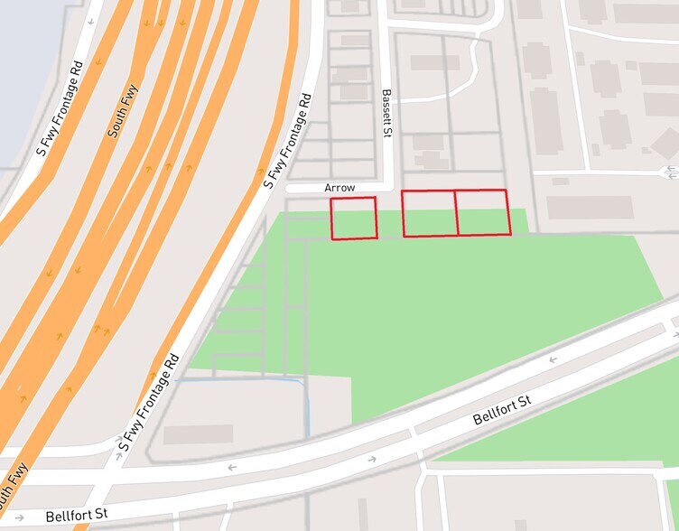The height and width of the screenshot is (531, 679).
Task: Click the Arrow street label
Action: (x=340, y=188)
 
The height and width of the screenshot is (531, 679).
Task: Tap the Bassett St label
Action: (x=386, y=113)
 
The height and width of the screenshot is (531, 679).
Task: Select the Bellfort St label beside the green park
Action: (x=503, y=411)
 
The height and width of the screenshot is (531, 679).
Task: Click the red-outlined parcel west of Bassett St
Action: (x=353, y=219)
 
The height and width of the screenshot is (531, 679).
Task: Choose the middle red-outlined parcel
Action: (x=430, y=213)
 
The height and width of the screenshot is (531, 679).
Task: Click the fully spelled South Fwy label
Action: (x=123, y=111)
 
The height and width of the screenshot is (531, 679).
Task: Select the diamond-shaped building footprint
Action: (x=665, y=143)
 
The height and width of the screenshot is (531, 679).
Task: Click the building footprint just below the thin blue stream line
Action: (x=198, y=434)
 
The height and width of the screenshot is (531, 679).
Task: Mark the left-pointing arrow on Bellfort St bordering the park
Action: (x=552, y=359)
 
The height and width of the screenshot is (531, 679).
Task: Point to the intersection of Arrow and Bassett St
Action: (x=387, y=188)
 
